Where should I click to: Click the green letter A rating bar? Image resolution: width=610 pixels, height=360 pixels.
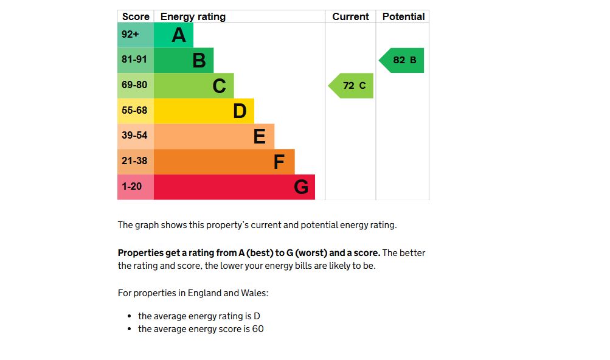(173, 35)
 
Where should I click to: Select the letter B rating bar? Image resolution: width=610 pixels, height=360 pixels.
(184, 60)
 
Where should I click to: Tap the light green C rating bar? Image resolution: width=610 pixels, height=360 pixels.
(193, 86)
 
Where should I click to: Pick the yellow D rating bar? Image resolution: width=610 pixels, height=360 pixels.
(204, 111)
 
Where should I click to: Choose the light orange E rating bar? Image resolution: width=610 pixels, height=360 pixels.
(214, 136)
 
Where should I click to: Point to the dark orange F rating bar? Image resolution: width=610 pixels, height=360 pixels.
(224, 162)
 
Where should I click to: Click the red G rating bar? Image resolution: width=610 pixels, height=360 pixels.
(234, 187)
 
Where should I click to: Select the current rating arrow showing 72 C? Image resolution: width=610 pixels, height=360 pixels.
(352, 86)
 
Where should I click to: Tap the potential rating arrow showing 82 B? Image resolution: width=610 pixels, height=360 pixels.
(402, 60)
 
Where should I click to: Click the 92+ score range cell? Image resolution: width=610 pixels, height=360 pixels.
(136, 35)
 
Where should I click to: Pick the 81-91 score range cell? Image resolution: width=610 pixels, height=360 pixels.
(136, 60)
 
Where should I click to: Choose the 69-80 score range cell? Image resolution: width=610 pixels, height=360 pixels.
(136, 86)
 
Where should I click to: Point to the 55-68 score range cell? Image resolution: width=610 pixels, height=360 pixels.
(136, 111)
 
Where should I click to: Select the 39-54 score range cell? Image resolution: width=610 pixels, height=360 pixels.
(136, 136)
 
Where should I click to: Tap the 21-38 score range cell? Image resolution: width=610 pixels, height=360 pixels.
(136, 162)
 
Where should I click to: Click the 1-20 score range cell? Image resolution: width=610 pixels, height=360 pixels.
(136, 187)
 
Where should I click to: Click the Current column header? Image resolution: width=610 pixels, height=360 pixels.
(350, 17)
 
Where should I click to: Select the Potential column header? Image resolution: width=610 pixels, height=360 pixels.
(403, 17)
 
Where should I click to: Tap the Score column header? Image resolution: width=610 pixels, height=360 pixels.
(136, 17)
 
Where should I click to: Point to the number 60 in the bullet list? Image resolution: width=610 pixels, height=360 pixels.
(258, 329)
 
